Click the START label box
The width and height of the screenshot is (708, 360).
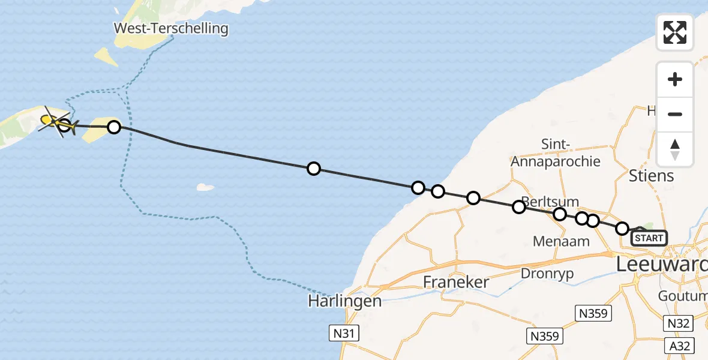pyautogui.click(x=649, y=238)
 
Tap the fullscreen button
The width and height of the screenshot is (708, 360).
pyautogui.click(x=675, y=32)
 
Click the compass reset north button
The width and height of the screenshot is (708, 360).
pyautogui.click(x=675, y=149)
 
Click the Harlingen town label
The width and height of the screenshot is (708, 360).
pyautogui.click(x=345, y=301)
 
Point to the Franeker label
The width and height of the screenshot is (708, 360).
pyautogui.click(x=456, y=281)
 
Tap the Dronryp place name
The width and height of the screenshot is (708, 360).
pyautogui.click(x=547, y=274)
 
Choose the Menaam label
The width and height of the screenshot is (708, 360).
pyautogui.click(x=561, y=241)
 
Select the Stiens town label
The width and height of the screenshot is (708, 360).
pyautogui.click(x=652, y=176)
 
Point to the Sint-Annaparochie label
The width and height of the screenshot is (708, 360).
pyautogui.click(x=555, y=153)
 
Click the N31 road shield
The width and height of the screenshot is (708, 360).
pyautogui.click(x=344, y=333)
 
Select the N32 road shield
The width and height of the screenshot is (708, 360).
pyautogui.click(x=679, y=324)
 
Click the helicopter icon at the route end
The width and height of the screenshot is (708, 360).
pyautogui.click(x=56, y=122)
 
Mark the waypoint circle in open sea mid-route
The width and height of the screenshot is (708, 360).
pyautogui.click(x=313, y=169)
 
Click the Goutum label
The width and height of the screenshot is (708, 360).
pyautogui.click(x=683, y=296)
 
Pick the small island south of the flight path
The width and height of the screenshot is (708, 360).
pyautogui.click(x=206, y=187)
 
